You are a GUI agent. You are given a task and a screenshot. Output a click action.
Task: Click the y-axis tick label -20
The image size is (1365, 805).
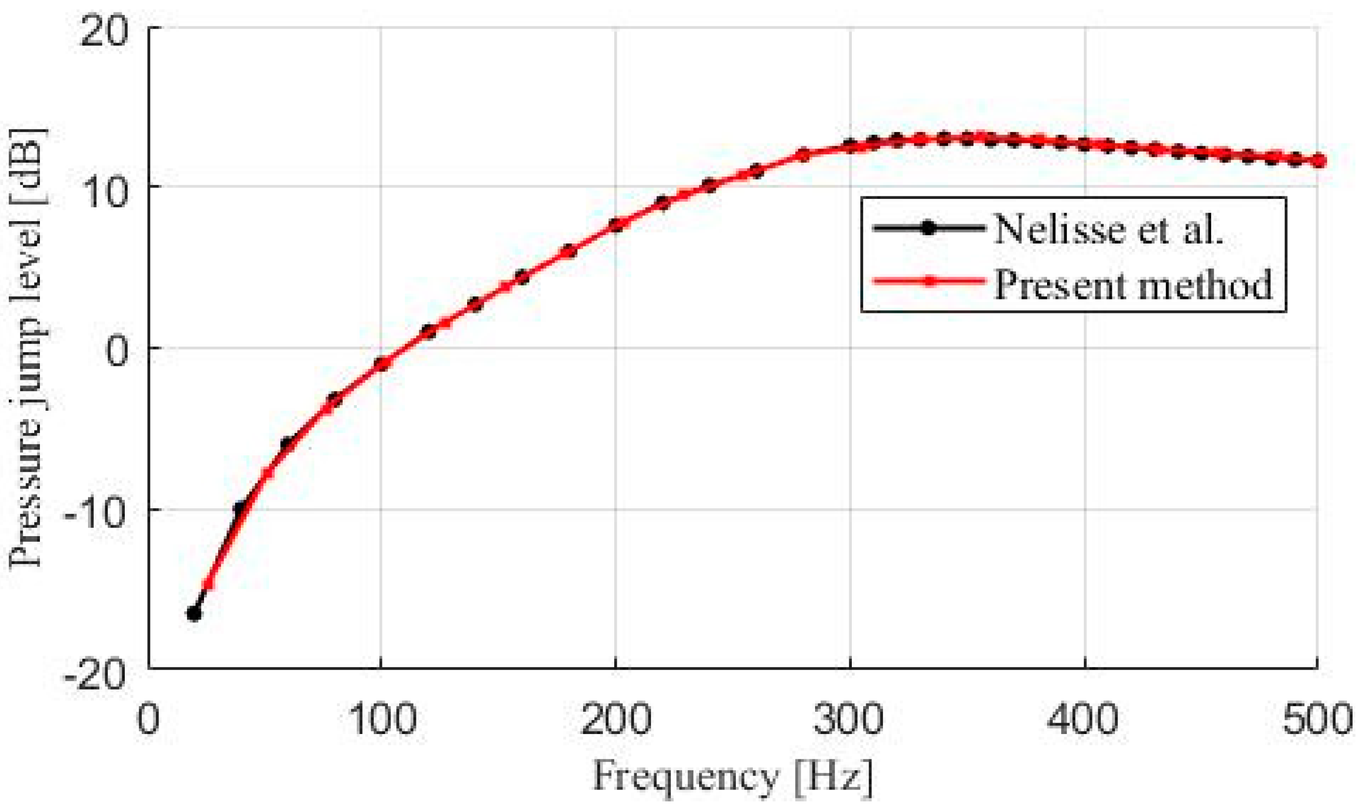95,676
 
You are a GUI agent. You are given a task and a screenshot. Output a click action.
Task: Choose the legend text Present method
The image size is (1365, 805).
1133,284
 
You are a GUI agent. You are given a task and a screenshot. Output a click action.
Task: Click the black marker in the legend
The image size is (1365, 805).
929,228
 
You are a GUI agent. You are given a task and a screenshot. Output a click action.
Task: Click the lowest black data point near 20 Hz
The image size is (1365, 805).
194,613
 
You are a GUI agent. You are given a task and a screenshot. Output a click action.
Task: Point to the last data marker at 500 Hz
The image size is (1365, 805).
1318,161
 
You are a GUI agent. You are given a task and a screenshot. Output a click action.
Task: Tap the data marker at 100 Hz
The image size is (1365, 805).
381,364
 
